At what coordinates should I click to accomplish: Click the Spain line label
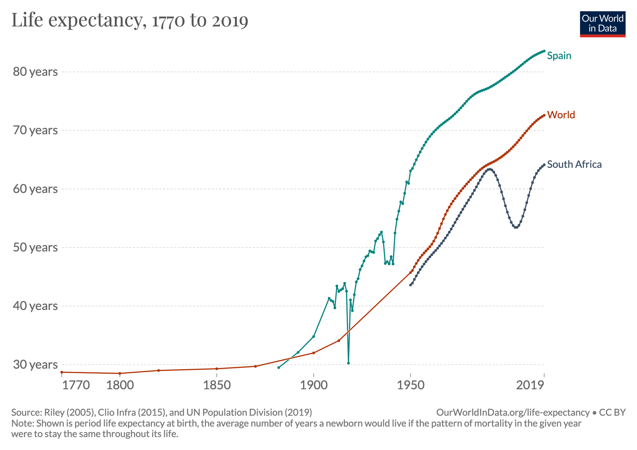click(x=559, y=56)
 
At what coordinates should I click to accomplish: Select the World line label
click(x=561, y=115)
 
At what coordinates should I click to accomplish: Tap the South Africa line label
click(x=574, y=164)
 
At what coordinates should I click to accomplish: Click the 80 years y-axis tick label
click(x=35, y=72)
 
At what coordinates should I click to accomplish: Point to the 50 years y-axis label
click(x=35, y=247)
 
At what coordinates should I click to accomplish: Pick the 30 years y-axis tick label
click(x=35, y=364)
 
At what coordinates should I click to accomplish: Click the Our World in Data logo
click(x=602, y=24)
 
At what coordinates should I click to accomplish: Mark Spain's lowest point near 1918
click(x=348, y=363)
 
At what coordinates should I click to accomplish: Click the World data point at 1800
click(x=120, y=373)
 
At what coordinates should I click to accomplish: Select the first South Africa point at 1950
click(x=411, y=285)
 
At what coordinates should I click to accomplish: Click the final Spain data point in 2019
click(x=544, y=51)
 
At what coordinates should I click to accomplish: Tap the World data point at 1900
click(x=314, y=353)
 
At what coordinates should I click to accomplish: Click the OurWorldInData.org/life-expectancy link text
click(x=513, y=412)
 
